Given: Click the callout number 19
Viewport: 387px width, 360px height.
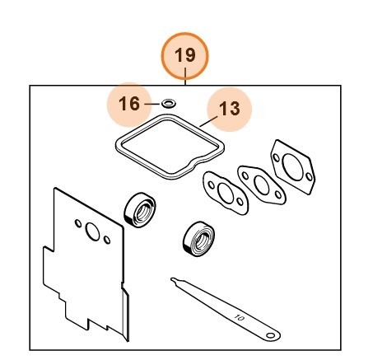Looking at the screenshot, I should [185, 56].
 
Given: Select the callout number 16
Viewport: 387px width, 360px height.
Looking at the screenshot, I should [130, 104].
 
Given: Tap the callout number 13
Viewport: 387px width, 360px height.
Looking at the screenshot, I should [230, 109].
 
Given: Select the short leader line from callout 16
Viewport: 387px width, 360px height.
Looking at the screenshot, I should [152, 104].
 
